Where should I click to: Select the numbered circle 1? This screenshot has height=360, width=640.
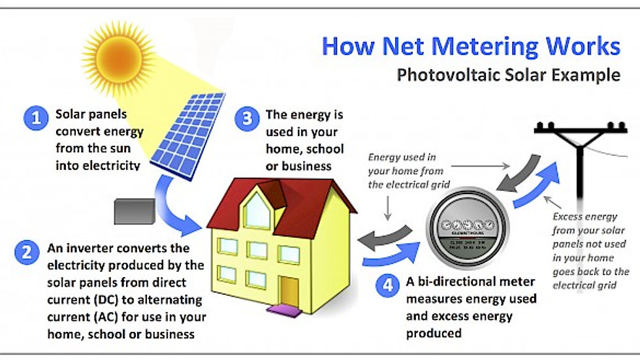36,118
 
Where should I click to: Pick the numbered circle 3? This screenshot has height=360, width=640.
247,120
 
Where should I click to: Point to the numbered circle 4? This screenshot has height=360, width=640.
387,286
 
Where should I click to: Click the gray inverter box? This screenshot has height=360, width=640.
133,210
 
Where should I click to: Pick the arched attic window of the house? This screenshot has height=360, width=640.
257,207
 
